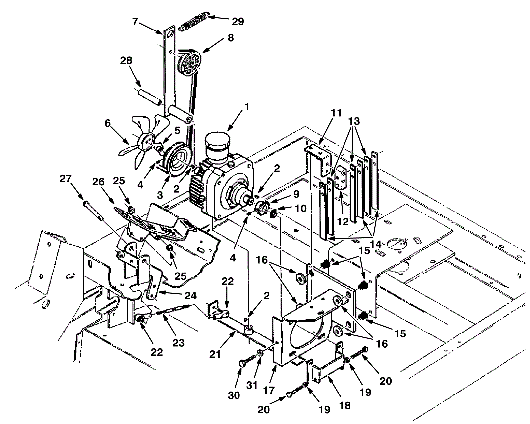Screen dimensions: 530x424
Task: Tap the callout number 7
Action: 135,22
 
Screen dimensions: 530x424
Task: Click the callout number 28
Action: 126,61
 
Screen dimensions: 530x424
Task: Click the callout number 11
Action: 336,113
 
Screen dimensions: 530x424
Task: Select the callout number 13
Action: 354,121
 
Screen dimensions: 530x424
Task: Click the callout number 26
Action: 98,182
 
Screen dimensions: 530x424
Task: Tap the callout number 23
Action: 178,343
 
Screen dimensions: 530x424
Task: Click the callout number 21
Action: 215,354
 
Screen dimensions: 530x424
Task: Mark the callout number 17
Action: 268,390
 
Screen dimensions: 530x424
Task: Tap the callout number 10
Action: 300,209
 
